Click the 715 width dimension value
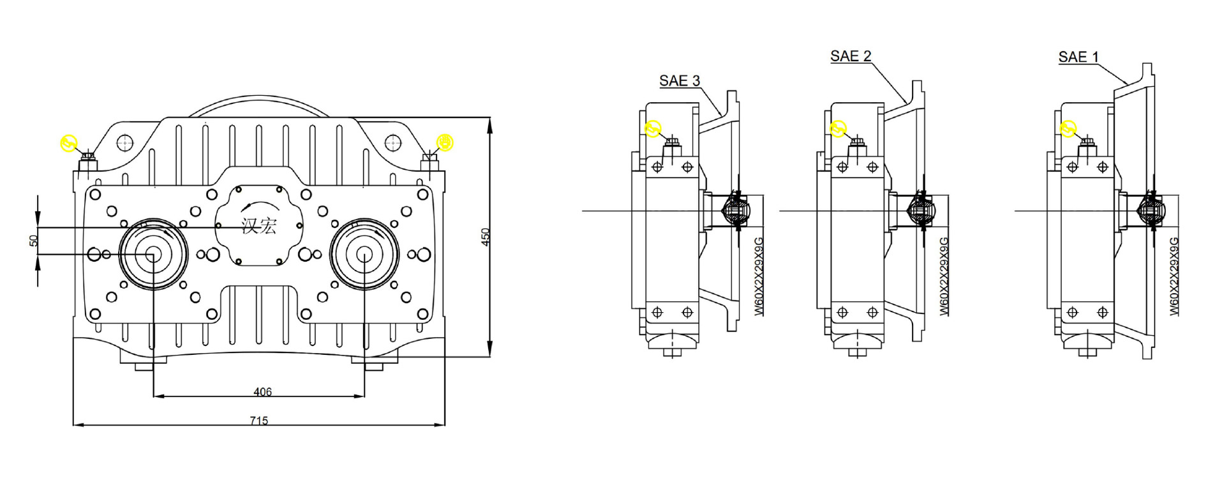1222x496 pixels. point(258,421)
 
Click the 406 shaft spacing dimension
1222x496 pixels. point(262,392)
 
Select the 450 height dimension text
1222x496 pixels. point(486,237)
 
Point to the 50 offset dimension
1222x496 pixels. point(34,241)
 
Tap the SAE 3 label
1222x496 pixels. point(679,81)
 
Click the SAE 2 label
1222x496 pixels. point(850,56)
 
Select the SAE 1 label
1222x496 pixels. point(1078,57)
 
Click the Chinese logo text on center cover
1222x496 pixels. point(259,225)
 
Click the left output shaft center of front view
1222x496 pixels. point(153,255)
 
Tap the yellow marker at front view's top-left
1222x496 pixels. point(69,143)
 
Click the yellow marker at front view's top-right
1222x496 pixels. point(444,142)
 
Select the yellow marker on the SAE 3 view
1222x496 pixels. point(652,128)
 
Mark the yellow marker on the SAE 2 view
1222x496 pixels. point(838,128)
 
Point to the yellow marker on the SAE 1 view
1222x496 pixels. point(1068,128)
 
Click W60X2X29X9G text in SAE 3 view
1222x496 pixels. point(759,276)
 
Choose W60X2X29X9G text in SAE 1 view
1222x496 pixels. point(1174,276)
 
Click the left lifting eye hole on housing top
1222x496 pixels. point(125,141)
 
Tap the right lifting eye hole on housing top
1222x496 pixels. point(392,141)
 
